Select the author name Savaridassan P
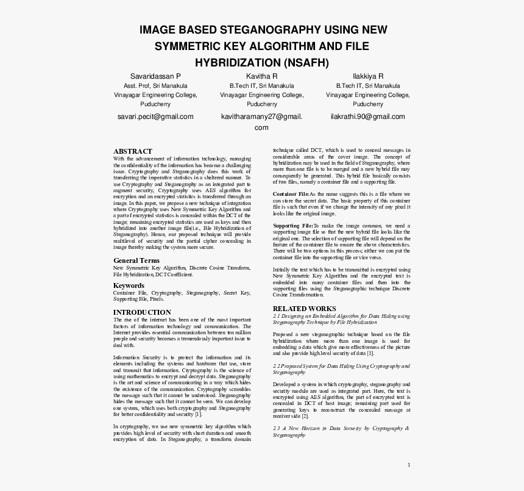tap(155, 76)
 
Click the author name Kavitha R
tap(261, 76)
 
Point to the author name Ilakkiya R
tap(368, 76)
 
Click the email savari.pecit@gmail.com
tap(155, 116)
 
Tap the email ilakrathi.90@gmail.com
tap(367, 116)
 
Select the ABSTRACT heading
tap(133, 151)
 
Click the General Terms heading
tap(136, 260)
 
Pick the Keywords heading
tap(129, 285)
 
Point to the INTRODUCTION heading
tap(142, 312)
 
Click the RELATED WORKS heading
tap(304, 309)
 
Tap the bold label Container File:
tap(291, 194)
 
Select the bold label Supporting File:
tap(292, 226)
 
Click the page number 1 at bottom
tap(409, 465)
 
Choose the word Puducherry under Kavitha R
tap(261, 104)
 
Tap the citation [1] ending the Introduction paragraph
tap(198, 414)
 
